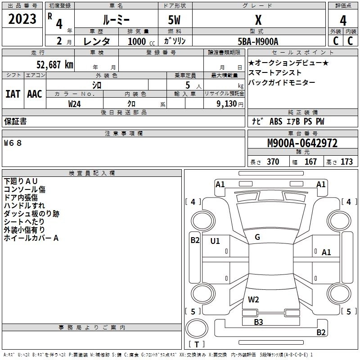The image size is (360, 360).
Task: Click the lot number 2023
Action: point(22,20)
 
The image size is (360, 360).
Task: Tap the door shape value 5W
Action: point(175,20)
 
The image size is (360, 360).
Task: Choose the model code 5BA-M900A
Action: point(258,41)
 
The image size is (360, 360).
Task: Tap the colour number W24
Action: point(74,103)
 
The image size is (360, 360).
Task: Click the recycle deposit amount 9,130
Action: point(229,103)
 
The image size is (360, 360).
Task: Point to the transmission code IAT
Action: point(13,94)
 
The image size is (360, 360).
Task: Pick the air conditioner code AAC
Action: point(35,94)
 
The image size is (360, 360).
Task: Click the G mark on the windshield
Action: point(257,237)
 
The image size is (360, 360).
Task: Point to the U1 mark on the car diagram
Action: point(215,241)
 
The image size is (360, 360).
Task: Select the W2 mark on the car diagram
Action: point(253,299)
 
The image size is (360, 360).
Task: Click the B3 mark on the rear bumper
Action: point(258,322)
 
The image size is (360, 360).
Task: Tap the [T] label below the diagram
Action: point(196,345)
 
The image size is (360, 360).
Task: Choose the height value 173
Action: point(346,162)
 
